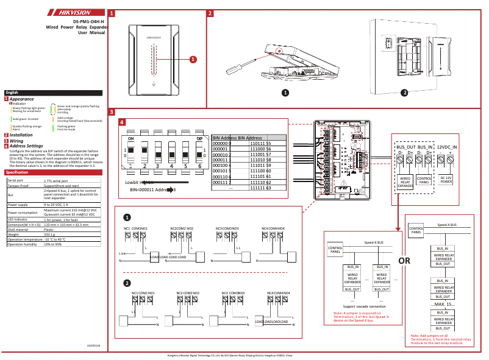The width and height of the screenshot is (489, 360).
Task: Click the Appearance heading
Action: [22, 99]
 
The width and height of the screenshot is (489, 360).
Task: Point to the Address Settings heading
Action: [26, 146]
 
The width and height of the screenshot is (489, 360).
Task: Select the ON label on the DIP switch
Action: [130, 139]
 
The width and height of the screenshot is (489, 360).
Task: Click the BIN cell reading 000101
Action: [222, 171]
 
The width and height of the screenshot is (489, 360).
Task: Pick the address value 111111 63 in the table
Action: [260, 188]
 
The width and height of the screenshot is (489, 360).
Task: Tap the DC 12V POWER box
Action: [446, 180]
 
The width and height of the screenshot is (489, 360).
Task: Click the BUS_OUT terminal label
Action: [405, 147]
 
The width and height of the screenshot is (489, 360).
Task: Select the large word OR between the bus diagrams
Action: [404, 261]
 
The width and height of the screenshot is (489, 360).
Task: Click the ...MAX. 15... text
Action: [443, 303]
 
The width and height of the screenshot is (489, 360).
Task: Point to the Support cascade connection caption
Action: [365, 306]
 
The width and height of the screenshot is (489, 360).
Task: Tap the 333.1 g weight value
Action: [50, 233]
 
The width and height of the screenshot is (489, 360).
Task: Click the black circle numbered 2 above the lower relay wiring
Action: [127, 283]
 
